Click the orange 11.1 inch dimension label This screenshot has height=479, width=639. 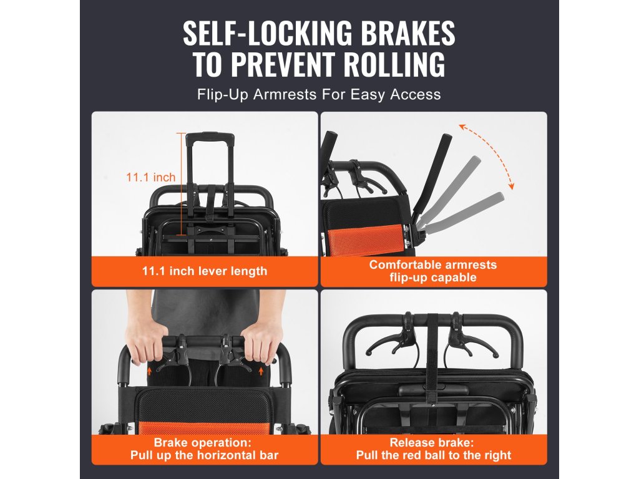pos(151,177)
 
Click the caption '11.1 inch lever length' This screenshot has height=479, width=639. pos(205,271)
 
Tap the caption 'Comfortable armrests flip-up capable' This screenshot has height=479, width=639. pos(433,271)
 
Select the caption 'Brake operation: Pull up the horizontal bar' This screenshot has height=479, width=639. pos(205,449)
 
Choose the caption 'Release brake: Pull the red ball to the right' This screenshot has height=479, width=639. pos(434,449)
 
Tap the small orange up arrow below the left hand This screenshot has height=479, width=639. pos(150,370)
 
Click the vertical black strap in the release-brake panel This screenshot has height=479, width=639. pos(432,359)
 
